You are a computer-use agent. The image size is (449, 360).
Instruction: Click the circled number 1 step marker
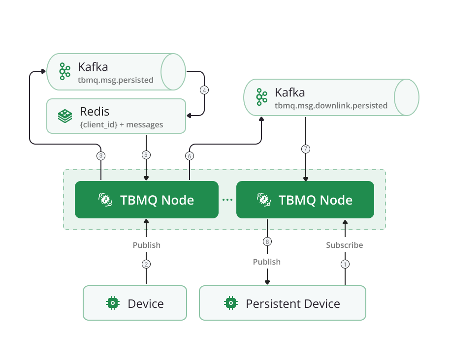345,264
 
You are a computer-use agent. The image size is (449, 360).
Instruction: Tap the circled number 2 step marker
146,264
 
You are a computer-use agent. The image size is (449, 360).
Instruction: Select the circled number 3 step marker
101,156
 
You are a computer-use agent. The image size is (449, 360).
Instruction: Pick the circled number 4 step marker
204,90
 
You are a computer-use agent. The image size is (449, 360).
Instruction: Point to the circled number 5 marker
146,155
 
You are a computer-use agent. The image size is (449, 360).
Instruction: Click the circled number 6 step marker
190,156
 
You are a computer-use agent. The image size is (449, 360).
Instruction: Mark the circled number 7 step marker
306,149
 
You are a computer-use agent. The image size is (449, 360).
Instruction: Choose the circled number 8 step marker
267,241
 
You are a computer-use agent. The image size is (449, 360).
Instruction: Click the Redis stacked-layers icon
65,116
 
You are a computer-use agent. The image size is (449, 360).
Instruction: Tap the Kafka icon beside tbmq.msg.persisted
65,71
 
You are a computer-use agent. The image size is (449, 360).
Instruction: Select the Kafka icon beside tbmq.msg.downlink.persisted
261,97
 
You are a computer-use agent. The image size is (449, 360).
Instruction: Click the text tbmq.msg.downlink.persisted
331,105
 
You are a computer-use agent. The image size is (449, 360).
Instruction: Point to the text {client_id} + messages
121,125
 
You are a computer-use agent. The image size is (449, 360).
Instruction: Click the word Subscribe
345,245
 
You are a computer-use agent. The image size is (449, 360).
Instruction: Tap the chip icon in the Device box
113,303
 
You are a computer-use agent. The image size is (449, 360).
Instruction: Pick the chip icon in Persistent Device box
230,303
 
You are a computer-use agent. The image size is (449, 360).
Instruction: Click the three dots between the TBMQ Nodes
227,200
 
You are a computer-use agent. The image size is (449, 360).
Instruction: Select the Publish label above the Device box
147,245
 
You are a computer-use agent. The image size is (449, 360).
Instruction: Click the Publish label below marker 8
267,262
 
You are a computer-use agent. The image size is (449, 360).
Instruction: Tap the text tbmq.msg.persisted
116,80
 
